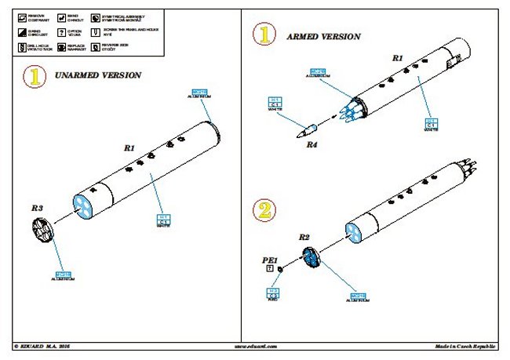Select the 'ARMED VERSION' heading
point(323,37)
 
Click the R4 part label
point(312,144)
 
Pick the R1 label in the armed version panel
point(397,58)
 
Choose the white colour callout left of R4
point(275,104)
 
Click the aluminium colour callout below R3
point(63,275)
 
